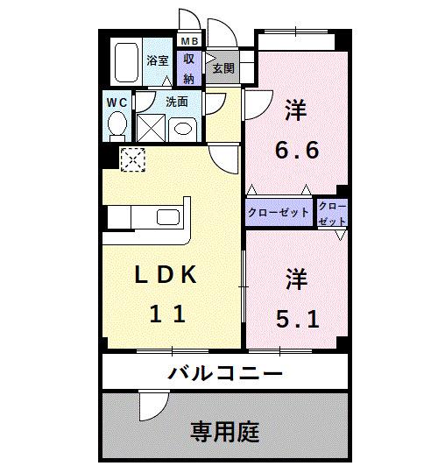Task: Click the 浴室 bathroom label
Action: [x=158, y=62]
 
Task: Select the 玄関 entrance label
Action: [x=223, y=67]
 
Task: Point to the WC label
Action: [x=117, y=102]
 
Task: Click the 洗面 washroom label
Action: [x=177, y=102]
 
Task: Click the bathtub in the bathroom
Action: [x=126, y=61]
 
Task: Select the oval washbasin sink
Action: [x=182, y=128]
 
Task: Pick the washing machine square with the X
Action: [x=150, y=129]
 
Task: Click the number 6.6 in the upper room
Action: [x=297, y=150]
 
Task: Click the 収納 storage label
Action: [x=189, y=67]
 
